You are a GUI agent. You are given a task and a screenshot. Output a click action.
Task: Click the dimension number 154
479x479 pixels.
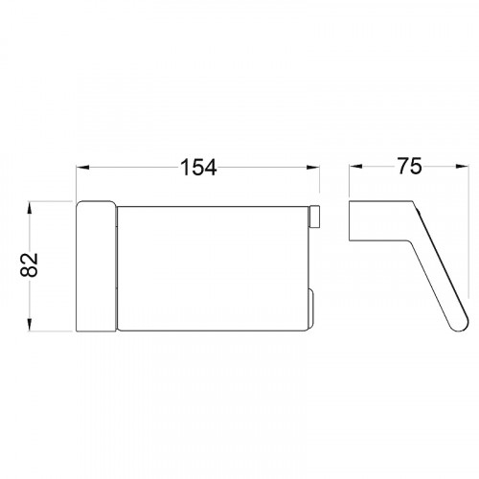click(198, 168)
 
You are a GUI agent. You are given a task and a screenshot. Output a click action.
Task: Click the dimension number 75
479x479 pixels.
click(409, 166)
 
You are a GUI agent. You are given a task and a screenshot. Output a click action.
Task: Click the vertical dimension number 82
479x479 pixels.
click(29, 264)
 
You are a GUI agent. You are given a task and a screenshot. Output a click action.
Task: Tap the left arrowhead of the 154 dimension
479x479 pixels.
click(82, 167)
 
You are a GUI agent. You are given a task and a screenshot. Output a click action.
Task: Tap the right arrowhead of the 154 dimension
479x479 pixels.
click(313, 167)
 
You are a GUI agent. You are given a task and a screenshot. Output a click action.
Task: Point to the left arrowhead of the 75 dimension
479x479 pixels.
click(355, 167)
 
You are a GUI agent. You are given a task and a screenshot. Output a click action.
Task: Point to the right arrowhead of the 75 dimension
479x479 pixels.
click(463, 167)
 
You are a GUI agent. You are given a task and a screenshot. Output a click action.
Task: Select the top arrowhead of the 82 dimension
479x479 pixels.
click(30, 208)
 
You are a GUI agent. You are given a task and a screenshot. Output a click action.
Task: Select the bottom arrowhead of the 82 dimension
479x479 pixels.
click(30, 325)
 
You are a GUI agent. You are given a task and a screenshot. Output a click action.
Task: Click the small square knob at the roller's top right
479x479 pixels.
click(314, 217)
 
